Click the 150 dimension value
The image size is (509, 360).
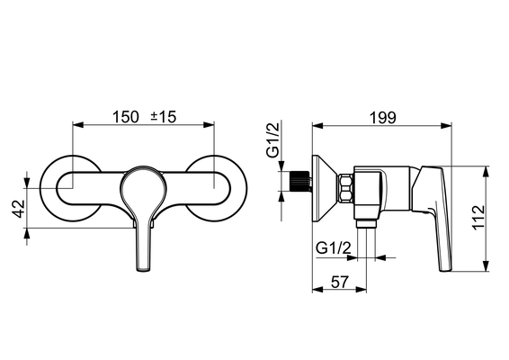tap(125, 117)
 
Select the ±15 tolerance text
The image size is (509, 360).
tap(164, 117)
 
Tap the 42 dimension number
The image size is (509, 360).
tap(19, 209)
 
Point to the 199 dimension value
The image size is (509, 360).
tap(383, 118)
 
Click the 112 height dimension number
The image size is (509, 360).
tap(478, 218)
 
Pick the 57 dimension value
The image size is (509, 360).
tap(340, 282)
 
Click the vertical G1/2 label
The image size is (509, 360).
tap(272, 139)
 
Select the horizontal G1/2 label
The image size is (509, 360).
tap(334, 248)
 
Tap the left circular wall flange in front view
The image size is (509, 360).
tap(49, 208)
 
